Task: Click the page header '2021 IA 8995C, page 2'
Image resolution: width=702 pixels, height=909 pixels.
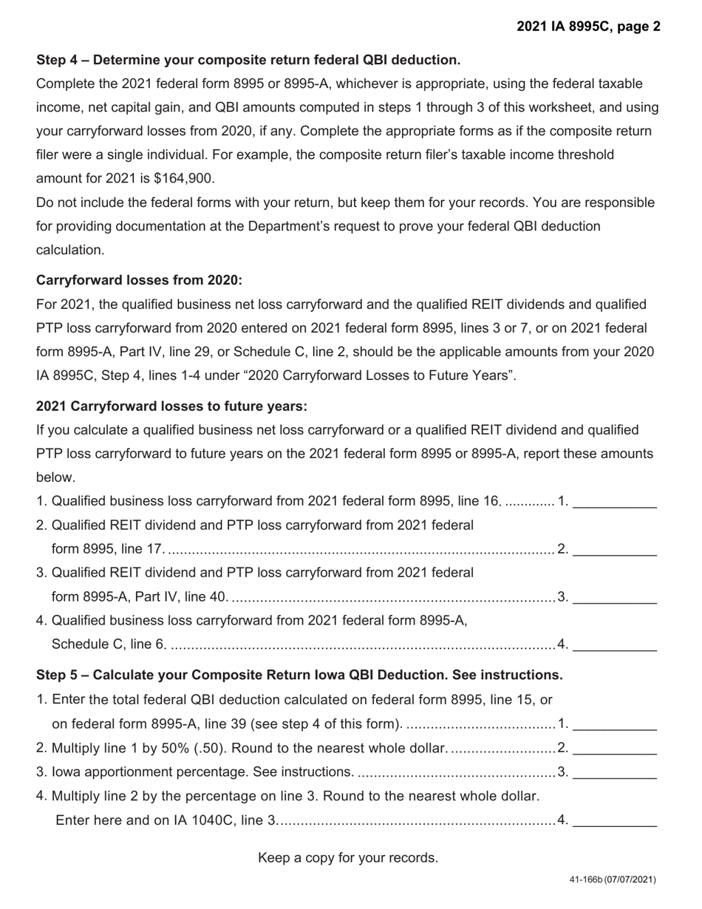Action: click(588, 27)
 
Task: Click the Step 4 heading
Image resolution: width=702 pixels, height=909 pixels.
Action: click(248, 60)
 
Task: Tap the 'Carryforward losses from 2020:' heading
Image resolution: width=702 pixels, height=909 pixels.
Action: click(139, 281)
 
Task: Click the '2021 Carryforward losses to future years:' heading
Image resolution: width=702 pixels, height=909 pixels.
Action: click(171, 406)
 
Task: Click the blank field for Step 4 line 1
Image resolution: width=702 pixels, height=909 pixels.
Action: click(615, 502)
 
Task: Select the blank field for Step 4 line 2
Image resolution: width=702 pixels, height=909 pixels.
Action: click(615, 549)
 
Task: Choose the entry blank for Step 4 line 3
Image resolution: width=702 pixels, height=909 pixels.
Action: click(615, 596)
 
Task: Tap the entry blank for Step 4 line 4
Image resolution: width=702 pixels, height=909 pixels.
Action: click(615, 644)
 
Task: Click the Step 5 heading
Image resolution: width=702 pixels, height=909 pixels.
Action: click(299, 675)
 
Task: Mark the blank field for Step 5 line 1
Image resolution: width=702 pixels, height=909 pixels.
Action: click(615, 724)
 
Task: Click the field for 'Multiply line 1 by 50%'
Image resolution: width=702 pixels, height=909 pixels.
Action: click(615, 749)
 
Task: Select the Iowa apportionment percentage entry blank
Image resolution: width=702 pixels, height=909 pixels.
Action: click(615, 772)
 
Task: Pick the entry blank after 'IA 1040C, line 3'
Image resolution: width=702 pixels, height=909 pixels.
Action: click(615, 820)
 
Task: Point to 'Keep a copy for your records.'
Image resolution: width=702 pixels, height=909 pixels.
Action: click(348, 858)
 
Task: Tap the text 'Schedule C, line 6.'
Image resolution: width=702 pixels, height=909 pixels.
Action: click(109, 644)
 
